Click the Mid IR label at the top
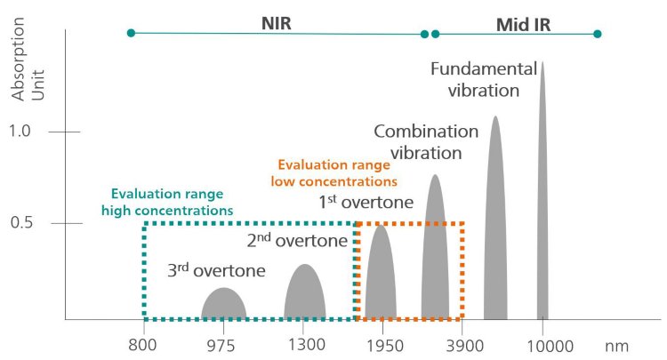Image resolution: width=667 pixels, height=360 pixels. pyautogui.click(x=523, y=24)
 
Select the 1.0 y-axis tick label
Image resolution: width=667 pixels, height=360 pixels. pyautogui.click(x=21, y=132)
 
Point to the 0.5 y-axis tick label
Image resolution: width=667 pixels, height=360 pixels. pyautogui.click(x=21, y=221)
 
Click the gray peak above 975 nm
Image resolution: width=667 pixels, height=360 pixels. pyautogui.click(x=223, y=305)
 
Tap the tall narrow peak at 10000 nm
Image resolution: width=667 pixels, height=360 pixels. pyautogui.click(x=542, y=196)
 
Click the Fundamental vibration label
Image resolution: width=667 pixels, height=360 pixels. pyautogui.click(x=483, y=79)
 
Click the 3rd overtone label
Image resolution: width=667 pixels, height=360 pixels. pyautogui.click(x=216, y=270)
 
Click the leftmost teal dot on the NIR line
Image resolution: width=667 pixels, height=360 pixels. pyautogui.click(x=131, y=33)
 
